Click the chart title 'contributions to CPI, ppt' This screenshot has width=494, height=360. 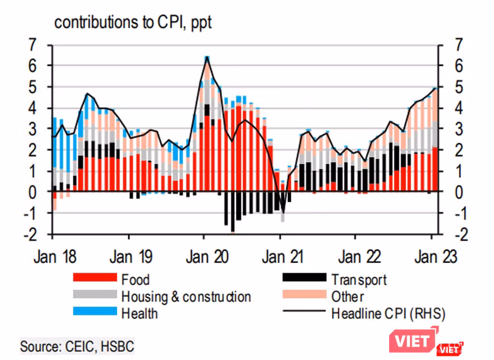coord(133,23)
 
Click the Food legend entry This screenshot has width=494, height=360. coord(135,280)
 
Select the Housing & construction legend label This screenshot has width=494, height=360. coord(186,297)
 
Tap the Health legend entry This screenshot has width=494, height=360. coord(139,314)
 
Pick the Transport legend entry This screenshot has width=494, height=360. coord(358,280)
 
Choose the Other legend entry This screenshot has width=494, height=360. coord(348,297)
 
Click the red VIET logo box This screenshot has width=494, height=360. coord(415,339)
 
